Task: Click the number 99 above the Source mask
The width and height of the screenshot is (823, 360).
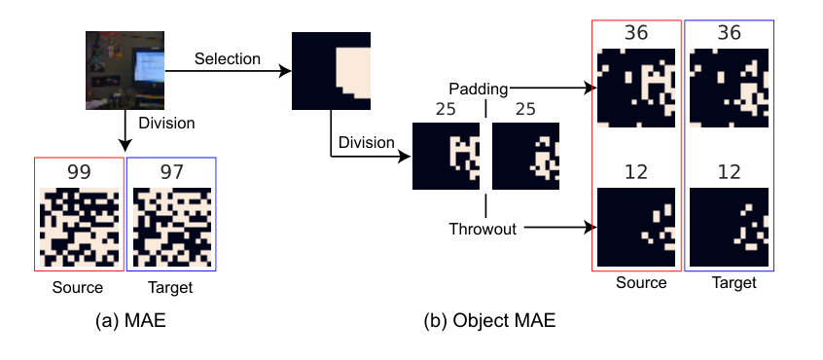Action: coord(79,172)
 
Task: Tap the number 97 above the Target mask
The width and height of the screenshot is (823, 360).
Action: coord(171,172)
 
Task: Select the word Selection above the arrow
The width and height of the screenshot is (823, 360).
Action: coord(228,58)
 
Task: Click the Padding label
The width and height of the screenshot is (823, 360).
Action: coord(479,90)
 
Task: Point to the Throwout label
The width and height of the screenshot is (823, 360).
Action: coord(483,229)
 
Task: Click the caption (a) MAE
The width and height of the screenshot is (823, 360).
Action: coord(130,321)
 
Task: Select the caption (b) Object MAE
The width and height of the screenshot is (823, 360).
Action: coord(489,321)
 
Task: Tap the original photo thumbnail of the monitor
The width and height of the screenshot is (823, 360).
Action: coord(125,70)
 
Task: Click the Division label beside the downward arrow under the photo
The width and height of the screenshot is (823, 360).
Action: coord(166,124)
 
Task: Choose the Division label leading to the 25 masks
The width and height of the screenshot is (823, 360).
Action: coord(366,142)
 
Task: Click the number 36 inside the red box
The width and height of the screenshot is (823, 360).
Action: coord(636,33)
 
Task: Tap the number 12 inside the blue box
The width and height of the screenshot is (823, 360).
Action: coord(729,171)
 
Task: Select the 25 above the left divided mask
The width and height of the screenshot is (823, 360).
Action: coord(446,109)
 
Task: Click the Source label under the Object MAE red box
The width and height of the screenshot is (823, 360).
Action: coord(641,283)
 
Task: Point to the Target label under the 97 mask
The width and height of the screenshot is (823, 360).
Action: coord(170,288)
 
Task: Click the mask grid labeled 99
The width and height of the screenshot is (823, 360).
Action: coord(79,227)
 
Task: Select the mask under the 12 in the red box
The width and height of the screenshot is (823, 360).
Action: coord(636,227)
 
